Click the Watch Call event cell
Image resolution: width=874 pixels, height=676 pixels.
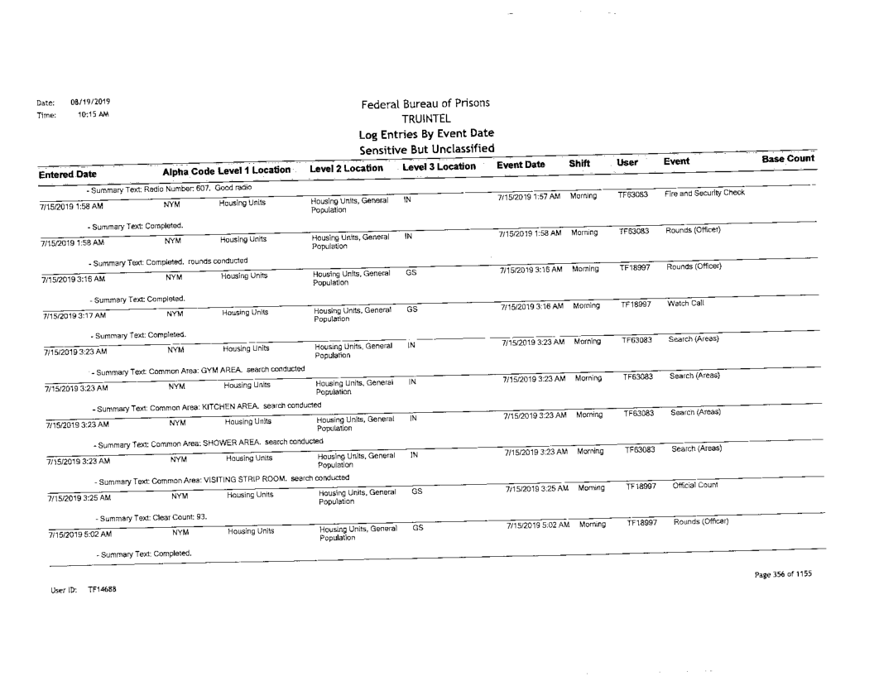click(684, 305)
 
